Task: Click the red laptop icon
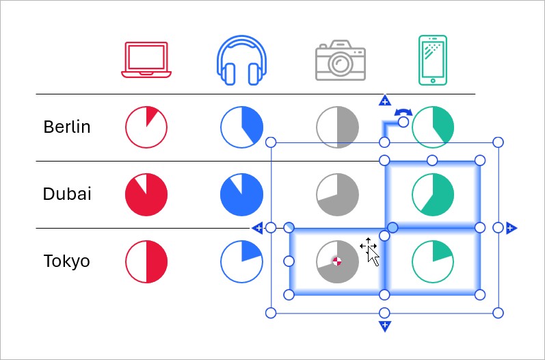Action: (x=146, y=59)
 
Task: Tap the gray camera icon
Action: (x=340, y=61)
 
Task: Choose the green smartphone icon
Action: (x=432, y=60)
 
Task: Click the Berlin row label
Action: (x=66, y=127)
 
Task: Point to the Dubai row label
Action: (x=66, y=194)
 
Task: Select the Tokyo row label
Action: (x=66, y=261)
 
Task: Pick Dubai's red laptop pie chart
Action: (x=146, y=194)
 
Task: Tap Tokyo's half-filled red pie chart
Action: (x=146, y=261)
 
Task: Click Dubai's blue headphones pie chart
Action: (x=242, y=194)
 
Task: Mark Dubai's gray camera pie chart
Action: (x=338, y=194)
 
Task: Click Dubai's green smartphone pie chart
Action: (x=433, y=194)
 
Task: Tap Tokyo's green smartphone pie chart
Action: (x=433, y=261)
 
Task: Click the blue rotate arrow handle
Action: (x=403, y=112)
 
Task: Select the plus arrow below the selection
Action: (x=384, y=326)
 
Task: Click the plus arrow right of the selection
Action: (x=511, y=228)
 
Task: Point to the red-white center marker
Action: (x=336, y=261)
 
